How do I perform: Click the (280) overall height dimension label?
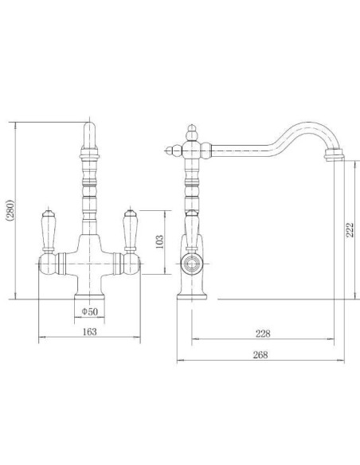[x=10, y=210]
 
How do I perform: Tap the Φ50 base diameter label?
[x=89, y=311]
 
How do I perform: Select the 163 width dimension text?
[x=89, y=331]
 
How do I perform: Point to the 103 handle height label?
[x=159, y=242]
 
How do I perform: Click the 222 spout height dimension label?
[x=350, y=229]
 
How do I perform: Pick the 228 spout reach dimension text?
[x=263, y=334]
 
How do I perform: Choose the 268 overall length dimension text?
[x=260, y=354]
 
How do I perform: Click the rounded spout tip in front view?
[x=89, y=135]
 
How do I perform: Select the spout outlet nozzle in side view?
[x=334, y=154]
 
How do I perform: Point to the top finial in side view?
[x=192, y=133]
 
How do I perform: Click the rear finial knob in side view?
[x=174, y=151]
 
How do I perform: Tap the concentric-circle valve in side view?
[x=192, y=264]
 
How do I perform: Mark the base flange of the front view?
[x=89, y=296]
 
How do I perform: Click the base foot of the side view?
[x=192, y=296]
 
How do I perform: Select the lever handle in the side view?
[x=192, y=231]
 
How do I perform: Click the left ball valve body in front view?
[x=47, y=264]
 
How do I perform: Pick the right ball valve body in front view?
[x=131, y=264]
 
